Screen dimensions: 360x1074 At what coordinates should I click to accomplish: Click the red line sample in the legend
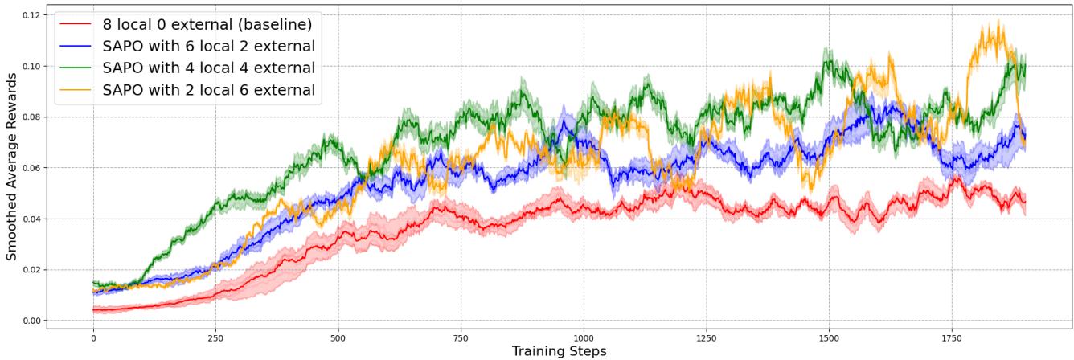click(76, 22)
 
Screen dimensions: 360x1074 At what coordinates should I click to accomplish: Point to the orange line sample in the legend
click(76, 89)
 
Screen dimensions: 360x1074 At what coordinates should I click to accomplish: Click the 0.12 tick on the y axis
click(30, 14)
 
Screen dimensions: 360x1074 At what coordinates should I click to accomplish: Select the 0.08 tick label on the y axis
click(30, 117)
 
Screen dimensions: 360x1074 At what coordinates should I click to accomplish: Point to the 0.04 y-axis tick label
click(30, 219)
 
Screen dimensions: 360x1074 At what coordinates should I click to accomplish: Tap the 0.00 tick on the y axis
click(30, 321)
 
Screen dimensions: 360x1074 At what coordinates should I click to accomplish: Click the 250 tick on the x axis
click(215, 339)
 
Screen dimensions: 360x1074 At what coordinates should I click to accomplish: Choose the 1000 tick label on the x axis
click(584, 339)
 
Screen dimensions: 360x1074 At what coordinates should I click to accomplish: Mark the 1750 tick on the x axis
click(951, 339)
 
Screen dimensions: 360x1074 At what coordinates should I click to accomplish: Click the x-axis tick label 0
click(93, 339)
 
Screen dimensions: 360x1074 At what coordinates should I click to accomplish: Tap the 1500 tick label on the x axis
click(829, 339)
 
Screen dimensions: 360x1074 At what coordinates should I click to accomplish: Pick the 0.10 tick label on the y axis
click(30, 66)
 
